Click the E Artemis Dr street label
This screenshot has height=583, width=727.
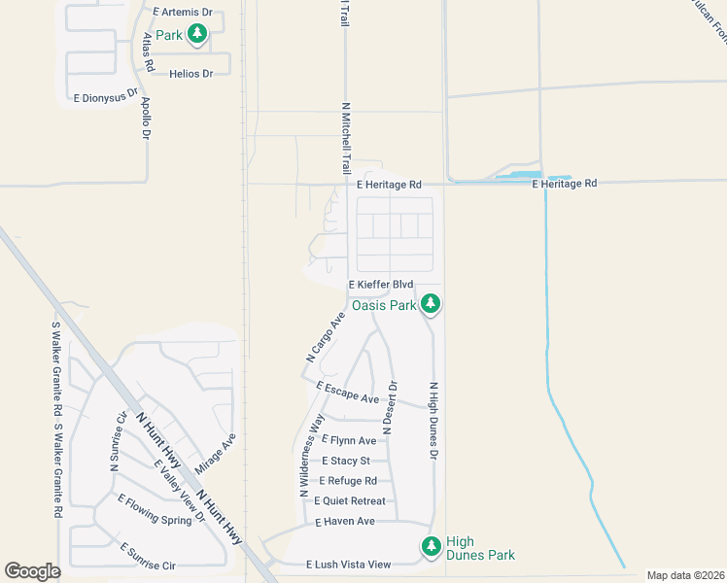pyautogui.click(x=184, y=13)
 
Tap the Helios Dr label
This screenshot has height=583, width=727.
pyautogui.click(x=190, y=73)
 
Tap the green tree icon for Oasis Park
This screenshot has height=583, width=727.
pyautogui.click(x=432, y=305)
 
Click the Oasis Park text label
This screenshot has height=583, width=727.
pyautogui.click(x=384, y=305)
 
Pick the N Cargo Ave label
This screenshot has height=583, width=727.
pyautogui.click(x=326, y=337)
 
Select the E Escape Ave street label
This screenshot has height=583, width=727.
pyautogui.click(x=347, y=393)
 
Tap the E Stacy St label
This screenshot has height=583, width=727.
pyautogui.click(x=346, y=461)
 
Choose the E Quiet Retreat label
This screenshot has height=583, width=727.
pyautogui.click(x=349, y=501)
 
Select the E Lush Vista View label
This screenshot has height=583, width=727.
pyautogui.click(x=348, y=565)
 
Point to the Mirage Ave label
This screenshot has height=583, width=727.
pyautogui.click(x=215, y=454)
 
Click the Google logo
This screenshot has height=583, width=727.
pyautogui.click(x=32, y=571)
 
